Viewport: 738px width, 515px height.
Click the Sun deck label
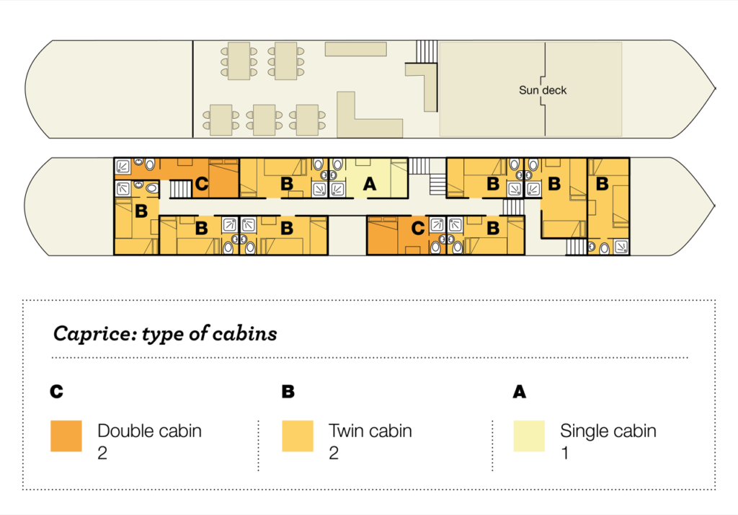click(x=543, y=90)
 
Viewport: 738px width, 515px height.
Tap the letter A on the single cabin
click(x=370, y=184)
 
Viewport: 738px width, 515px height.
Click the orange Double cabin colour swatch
click(x=66, y=436)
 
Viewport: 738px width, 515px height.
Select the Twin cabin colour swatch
click(x=298, y=436)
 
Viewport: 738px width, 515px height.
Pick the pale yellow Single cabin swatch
click(x=529, y=436)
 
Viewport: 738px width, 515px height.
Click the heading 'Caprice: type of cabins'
click(x=165, y=333)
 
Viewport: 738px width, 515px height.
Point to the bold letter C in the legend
click(x=56, y=392)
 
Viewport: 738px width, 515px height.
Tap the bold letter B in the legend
click(x=288, y=392)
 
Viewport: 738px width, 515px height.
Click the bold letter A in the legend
click(x=520, y=392)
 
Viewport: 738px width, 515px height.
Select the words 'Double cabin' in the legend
click(x=150, y=431)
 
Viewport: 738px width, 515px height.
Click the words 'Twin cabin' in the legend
click(x=370, y=431)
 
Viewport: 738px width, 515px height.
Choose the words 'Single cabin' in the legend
click(x=608, y=431)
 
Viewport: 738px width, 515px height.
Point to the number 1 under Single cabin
click(x=565, y=453)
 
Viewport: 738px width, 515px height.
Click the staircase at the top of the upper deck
click(x=427, y=51)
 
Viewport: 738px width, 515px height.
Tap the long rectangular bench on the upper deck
click(x=356, y=49)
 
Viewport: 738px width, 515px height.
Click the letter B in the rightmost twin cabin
click(x=602, y=184)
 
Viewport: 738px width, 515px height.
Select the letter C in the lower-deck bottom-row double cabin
click(x=417, y=229)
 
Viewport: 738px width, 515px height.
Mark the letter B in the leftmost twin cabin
click(x=141, y=211)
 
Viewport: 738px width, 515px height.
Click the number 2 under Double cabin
click(x=102, y=453)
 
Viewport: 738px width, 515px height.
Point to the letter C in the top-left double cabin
click(x=202, y=183)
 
